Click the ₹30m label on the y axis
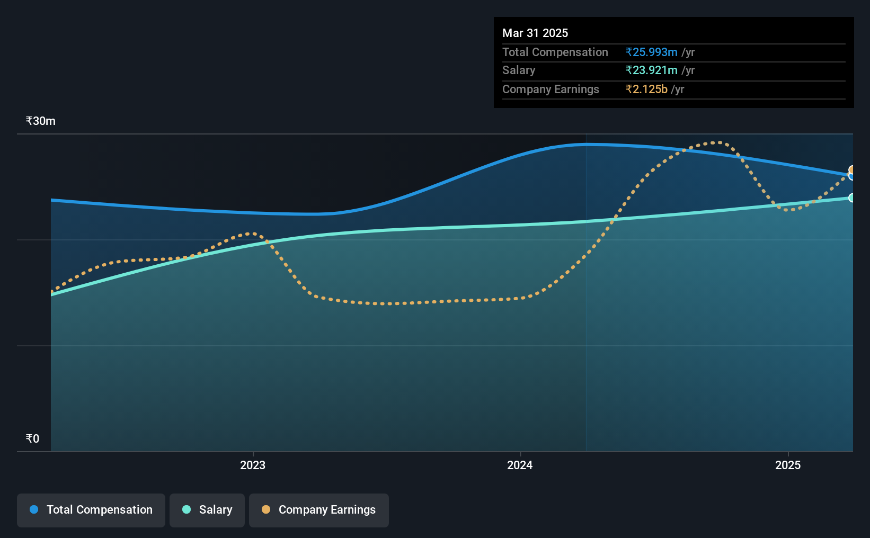coord(40,121)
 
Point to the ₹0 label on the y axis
coord(33,438)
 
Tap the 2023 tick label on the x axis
coord(253,465)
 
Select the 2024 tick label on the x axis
coord(520,465)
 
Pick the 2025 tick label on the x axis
coord(788,465)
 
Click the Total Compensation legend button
coord(91,510)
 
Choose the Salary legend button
coord(207,510)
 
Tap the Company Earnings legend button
coord(319,510)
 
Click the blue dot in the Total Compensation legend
coord(34,509)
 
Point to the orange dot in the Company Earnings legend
coord(266,509)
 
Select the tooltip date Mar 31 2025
coord(535,33)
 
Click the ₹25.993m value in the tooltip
coord(651,52)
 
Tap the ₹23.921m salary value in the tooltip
coord(651,70)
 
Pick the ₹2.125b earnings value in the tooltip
coord(646,89)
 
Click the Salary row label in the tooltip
coord(519,70)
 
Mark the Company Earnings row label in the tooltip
coord(551,89)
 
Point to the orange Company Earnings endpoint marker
coord(852,170)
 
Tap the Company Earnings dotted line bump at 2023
coord(252,234)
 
